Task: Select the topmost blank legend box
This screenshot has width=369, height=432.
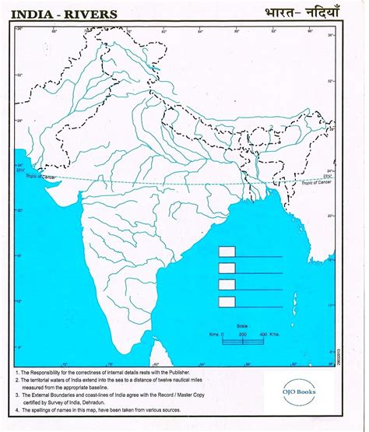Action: [227, 252]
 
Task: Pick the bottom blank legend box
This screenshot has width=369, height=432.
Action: [227, 301]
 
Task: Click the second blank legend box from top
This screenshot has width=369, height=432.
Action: [227, 269]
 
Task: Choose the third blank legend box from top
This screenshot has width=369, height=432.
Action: [227, 285]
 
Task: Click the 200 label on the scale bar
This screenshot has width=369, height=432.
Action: [242, 334]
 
